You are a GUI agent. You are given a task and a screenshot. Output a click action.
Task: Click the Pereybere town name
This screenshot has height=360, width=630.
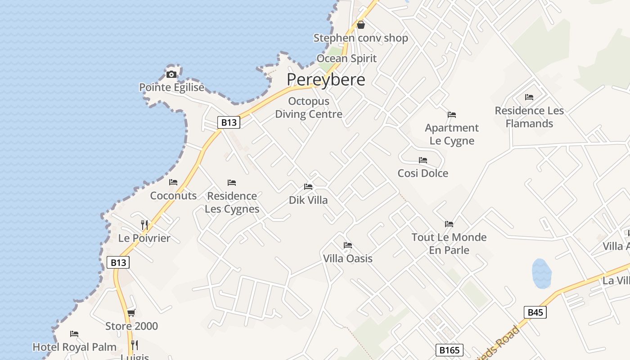[326, 80]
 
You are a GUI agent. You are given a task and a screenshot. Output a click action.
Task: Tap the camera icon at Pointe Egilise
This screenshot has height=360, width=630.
[171, 74]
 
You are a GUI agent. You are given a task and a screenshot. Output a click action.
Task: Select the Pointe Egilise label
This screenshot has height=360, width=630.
[171, 87]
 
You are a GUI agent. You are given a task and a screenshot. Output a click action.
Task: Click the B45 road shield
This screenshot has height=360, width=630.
[535, 312]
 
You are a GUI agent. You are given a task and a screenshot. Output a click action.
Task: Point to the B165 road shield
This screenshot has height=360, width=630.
[449, 350]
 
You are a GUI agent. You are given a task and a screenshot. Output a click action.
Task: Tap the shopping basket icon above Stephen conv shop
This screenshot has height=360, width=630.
[361, 25]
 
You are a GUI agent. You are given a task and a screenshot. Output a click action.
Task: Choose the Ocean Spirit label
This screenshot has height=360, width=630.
[346, 58]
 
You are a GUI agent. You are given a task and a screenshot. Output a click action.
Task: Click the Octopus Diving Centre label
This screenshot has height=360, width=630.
[309, 108]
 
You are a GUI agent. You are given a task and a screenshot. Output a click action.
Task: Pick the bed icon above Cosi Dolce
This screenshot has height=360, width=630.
[423, 160]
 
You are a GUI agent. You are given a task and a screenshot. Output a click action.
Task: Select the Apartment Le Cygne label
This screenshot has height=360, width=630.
[452, 134]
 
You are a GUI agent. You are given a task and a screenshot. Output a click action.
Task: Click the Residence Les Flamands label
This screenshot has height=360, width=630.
[529, 117]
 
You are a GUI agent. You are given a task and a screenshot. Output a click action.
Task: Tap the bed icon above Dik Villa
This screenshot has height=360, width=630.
[308, 186]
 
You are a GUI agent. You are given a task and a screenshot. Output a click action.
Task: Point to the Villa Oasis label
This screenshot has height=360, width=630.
[348, 258]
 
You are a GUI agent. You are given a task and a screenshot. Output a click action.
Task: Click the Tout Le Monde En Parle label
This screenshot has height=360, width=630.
[449, 243]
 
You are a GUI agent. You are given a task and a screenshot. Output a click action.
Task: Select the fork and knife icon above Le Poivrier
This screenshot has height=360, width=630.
[144, 225]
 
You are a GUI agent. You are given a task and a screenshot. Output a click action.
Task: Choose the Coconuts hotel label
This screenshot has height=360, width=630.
[173, 195]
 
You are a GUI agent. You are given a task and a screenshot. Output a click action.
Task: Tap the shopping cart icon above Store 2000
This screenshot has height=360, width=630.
[131, 313]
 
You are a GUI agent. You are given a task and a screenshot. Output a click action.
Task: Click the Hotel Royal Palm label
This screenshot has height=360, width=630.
[75, 347]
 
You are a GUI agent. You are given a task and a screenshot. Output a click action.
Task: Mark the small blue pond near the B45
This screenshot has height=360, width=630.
[541, 273]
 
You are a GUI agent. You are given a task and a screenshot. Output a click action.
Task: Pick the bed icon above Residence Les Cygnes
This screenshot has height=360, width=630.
[232, 183]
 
